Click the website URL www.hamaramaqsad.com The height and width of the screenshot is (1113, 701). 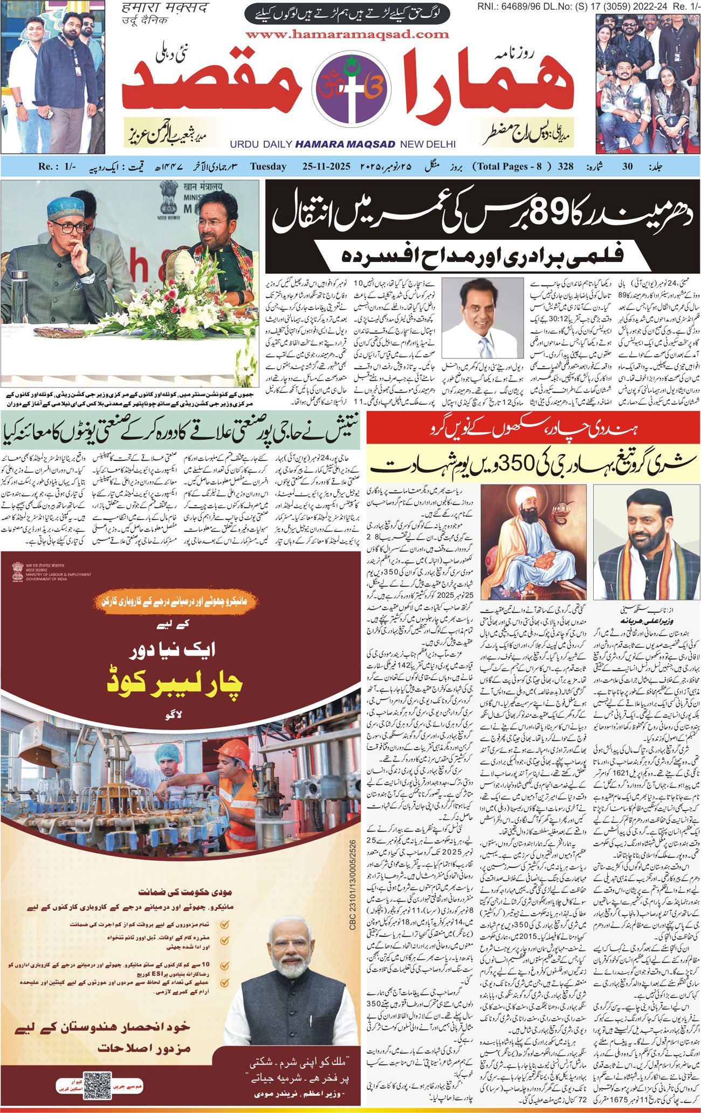(347, 34)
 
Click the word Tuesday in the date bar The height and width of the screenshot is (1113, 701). (268, 167)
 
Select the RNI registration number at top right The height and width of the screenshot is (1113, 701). (588, 7)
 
